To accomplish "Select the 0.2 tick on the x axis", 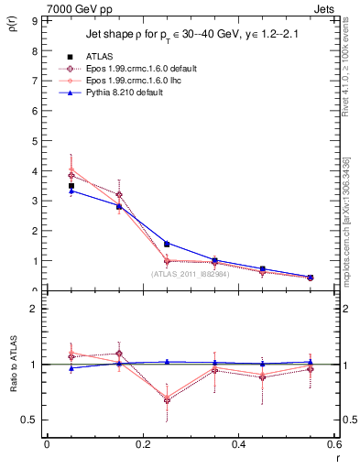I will (142, 444).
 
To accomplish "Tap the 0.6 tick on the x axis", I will (334, 444).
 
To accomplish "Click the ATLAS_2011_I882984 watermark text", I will (190, 274).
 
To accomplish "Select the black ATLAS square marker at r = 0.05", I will (71, 186).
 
